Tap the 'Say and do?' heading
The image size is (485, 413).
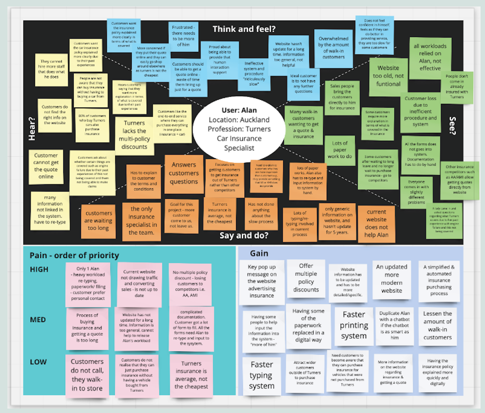click(244, 235)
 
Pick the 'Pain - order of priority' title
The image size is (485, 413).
click(75, 255)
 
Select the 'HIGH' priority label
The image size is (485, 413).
click(39, 269)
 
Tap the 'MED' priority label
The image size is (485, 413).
click(38, 320)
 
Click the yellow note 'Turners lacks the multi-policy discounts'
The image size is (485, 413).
click(135, 135)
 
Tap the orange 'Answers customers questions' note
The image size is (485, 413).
click(183, 173)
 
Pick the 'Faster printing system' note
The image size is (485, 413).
click(353, 325)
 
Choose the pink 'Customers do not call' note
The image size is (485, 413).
click(87, 375)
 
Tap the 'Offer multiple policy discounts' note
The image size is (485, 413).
click(306, 278)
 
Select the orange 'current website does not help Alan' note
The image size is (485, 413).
click(376, 224)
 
